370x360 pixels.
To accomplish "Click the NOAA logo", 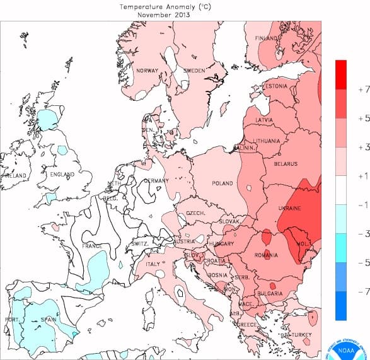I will [345, 344].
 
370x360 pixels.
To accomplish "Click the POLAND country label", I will [222, 183].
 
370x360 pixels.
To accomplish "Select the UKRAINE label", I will [289, 208].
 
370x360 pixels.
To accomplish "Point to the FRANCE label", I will [92, 246].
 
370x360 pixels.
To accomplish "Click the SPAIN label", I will [49, 320].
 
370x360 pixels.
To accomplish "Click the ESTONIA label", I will [275, 86].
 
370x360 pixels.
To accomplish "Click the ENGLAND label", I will [62, 174].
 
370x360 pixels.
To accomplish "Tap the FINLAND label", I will [267, 38].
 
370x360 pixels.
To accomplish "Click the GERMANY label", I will [156, 181].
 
